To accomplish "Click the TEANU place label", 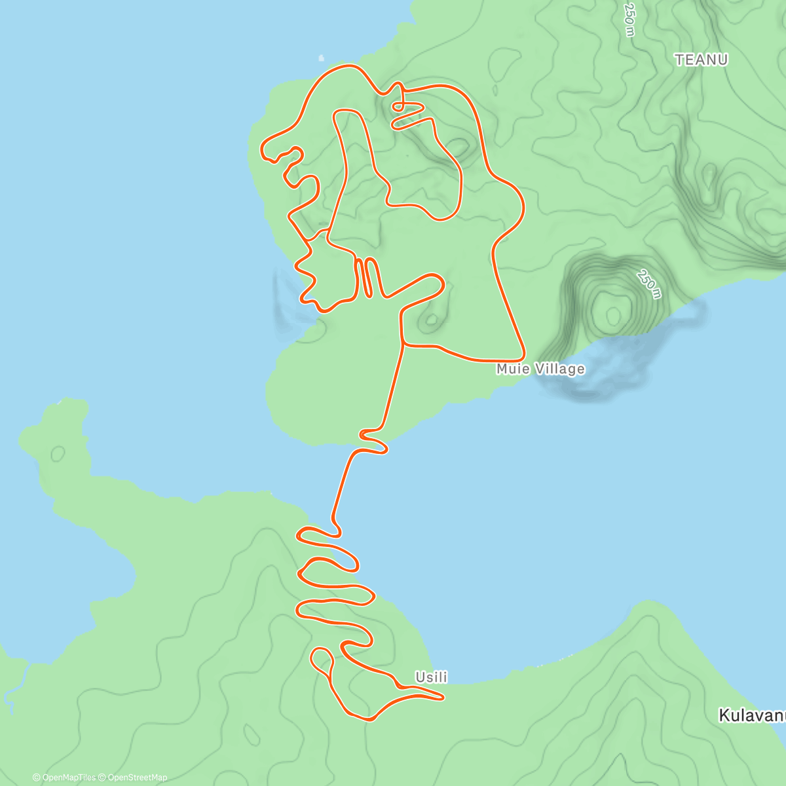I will click(x=701, y=60).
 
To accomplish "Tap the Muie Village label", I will click(x=540, y=369).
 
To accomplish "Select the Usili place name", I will click(x=431, y=677).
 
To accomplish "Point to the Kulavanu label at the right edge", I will click(x=752, y=715).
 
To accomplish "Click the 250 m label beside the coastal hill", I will click(x=648, y=283).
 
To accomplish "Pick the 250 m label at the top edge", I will click(x=629, y=20).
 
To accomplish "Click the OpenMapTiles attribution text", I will click(x=64, y=777).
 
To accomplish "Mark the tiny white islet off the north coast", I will click(x=321, y=58).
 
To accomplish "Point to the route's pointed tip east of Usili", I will click(x=443, y=698).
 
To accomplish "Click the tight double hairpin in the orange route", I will click(x=366, y=278).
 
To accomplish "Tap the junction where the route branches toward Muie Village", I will click(x=402, y=343).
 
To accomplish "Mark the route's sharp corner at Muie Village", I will click(x=523, y=358).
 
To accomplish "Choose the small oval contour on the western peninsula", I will click(x=58, y=453).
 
